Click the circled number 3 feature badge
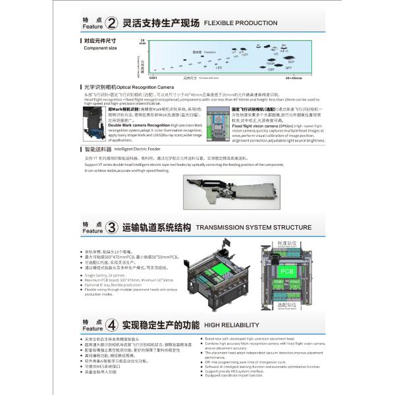pyautogui.click(x=112, y=228)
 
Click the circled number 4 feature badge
pyautogui.click(x=112, y=325)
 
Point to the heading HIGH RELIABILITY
pyautogui.click(x=228, y=325)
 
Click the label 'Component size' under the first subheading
pyautogui.click(x=99, y=48)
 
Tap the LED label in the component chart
pyautogui.click(x=219, y=68)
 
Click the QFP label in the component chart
pyautogui.click(x=288, y=67)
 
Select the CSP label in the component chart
pyautogui.click(x=270, y=68)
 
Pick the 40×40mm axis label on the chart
pyautogui.click(x=294, y=78)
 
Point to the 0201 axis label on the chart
pyautogui.click(x=153, y=78)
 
